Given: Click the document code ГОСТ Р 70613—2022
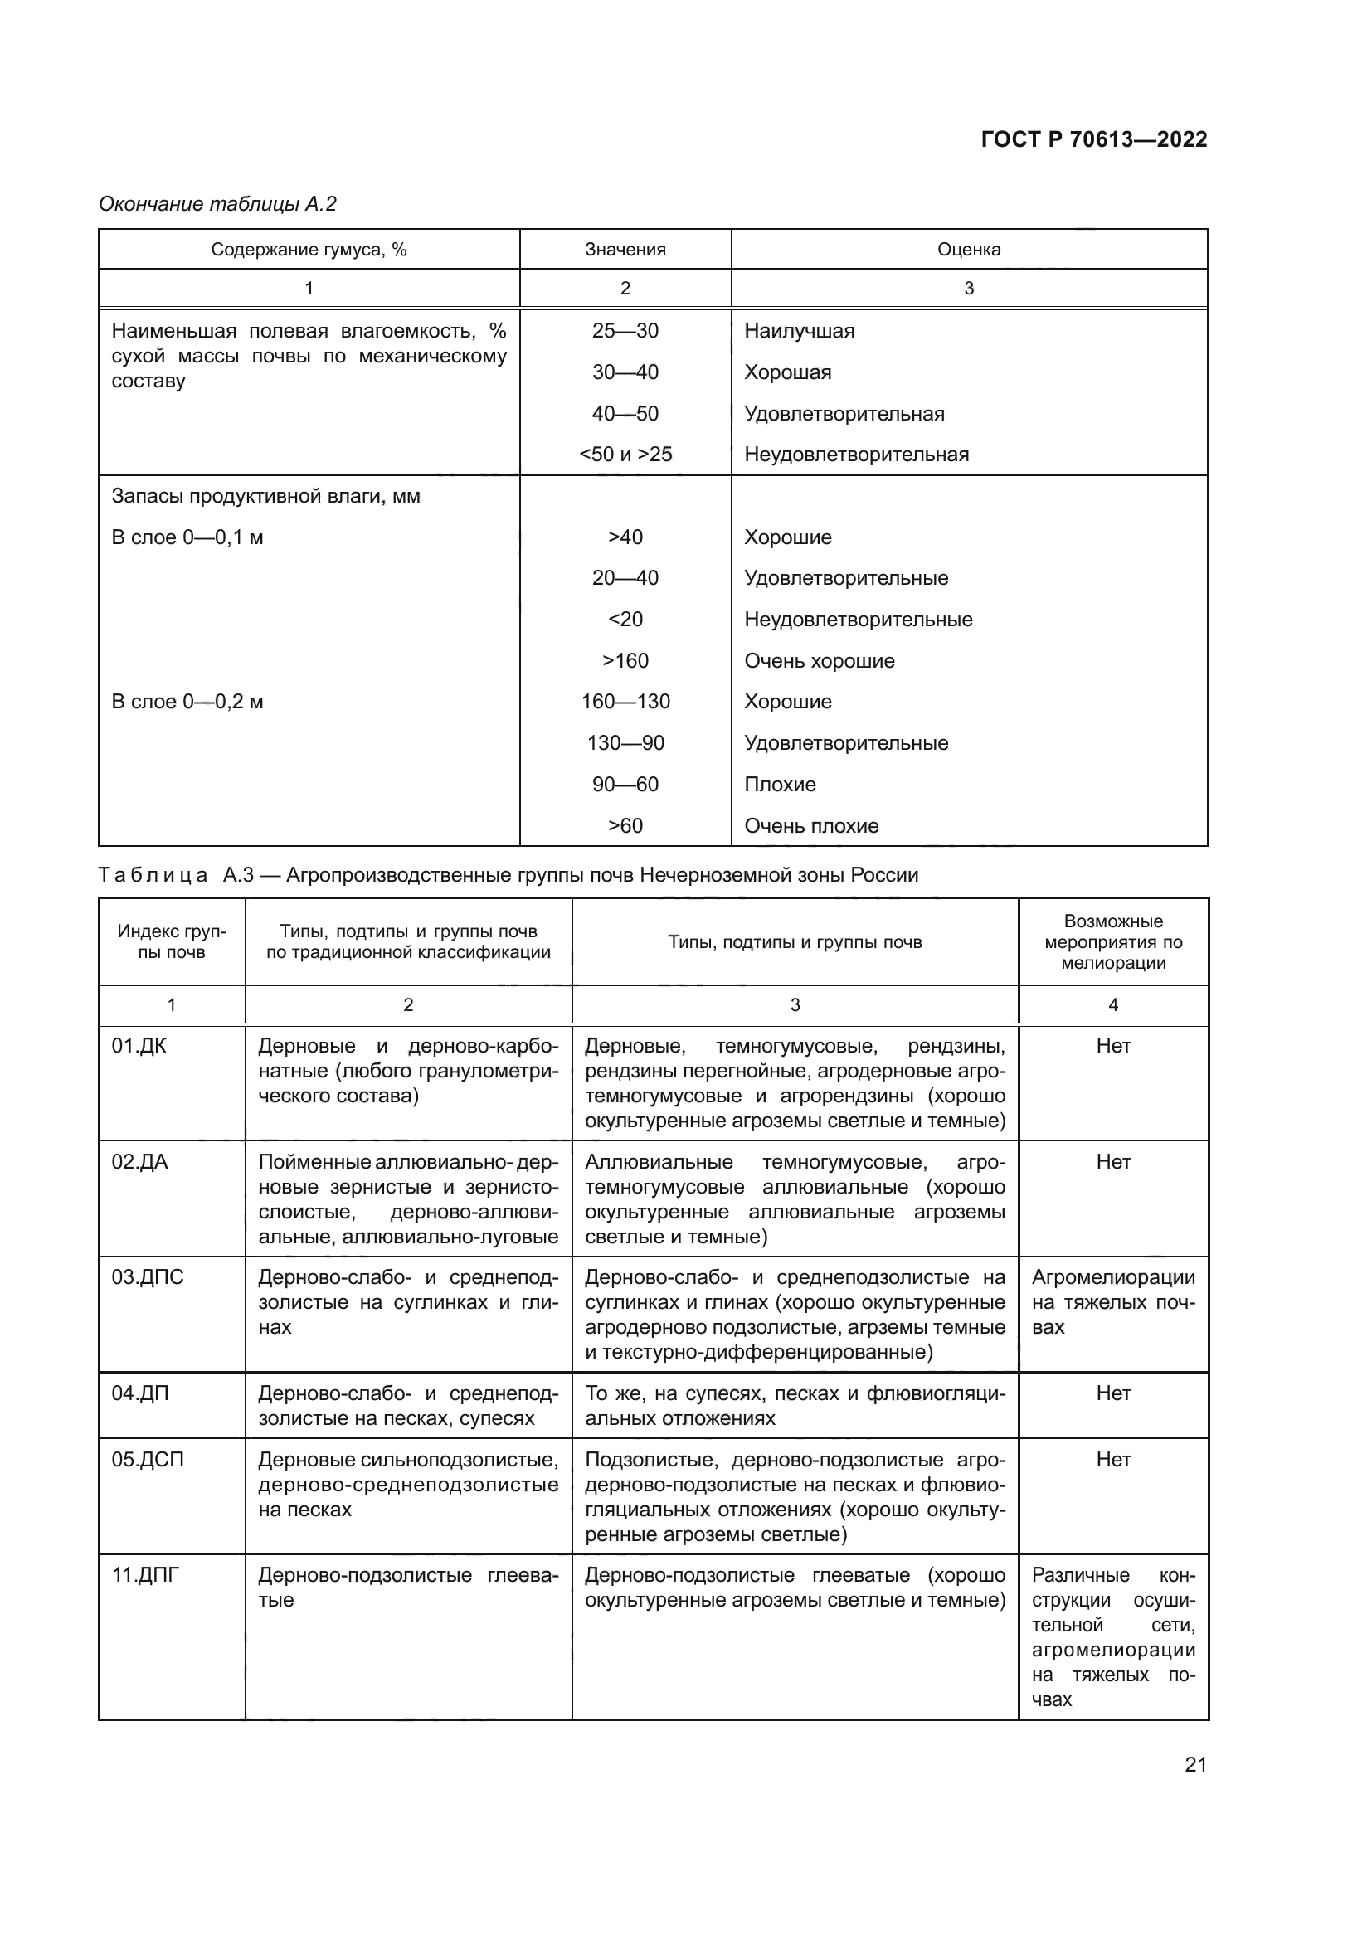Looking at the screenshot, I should click(1093, 139).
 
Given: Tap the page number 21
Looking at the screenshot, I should click(1195, 1764).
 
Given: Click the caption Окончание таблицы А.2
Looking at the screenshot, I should click(218, 204).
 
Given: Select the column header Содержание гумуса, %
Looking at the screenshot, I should click(309, 250).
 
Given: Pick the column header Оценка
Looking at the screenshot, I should click(968, 250).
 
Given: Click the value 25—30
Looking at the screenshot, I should click(625, 330).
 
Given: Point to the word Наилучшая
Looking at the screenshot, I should click(798, 330).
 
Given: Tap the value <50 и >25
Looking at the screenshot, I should click(625, 455).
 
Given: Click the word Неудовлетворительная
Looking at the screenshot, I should click(856, 455).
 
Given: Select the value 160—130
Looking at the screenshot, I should click(625, 702).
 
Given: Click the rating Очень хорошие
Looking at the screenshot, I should click(819, 661).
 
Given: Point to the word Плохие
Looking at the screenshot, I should click(780, 784).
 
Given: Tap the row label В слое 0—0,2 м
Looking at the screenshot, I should click(187, 702).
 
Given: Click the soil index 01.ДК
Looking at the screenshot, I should click(139, 1046).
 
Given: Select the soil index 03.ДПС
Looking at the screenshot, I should click(148, 1276).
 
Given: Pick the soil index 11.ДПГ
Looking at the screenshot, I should click(146, 1575).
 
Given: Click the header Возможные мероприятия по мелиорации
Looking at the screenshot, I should click(1112, 942).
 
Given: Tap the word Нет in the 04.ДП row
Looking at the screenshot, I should click(1112, 1393).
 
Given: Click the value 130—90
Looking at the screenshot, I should click(625, 742).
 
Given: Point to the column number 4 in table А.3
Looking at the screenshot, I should click(1112, 1004).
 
